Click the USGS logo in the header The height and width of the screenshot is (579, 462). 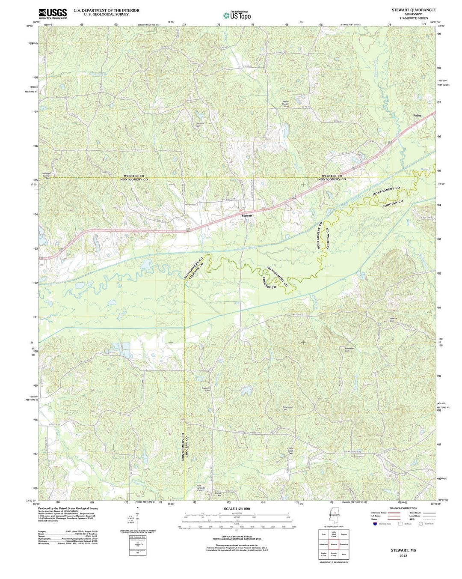(53, 14)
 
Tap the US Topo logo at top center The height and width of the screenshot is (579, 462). (237, 15)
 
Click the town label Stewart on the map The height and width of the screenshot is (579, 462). (247, 215)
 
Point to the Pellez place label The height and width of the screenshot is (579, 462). (418, 116)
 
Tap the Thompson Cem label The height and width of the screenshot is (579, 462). (287, 408)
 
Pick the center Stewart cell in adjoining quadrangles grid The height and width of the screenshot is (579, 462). (334, 544)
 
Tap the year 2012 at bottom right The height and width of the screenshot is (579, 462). (403, 555)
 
